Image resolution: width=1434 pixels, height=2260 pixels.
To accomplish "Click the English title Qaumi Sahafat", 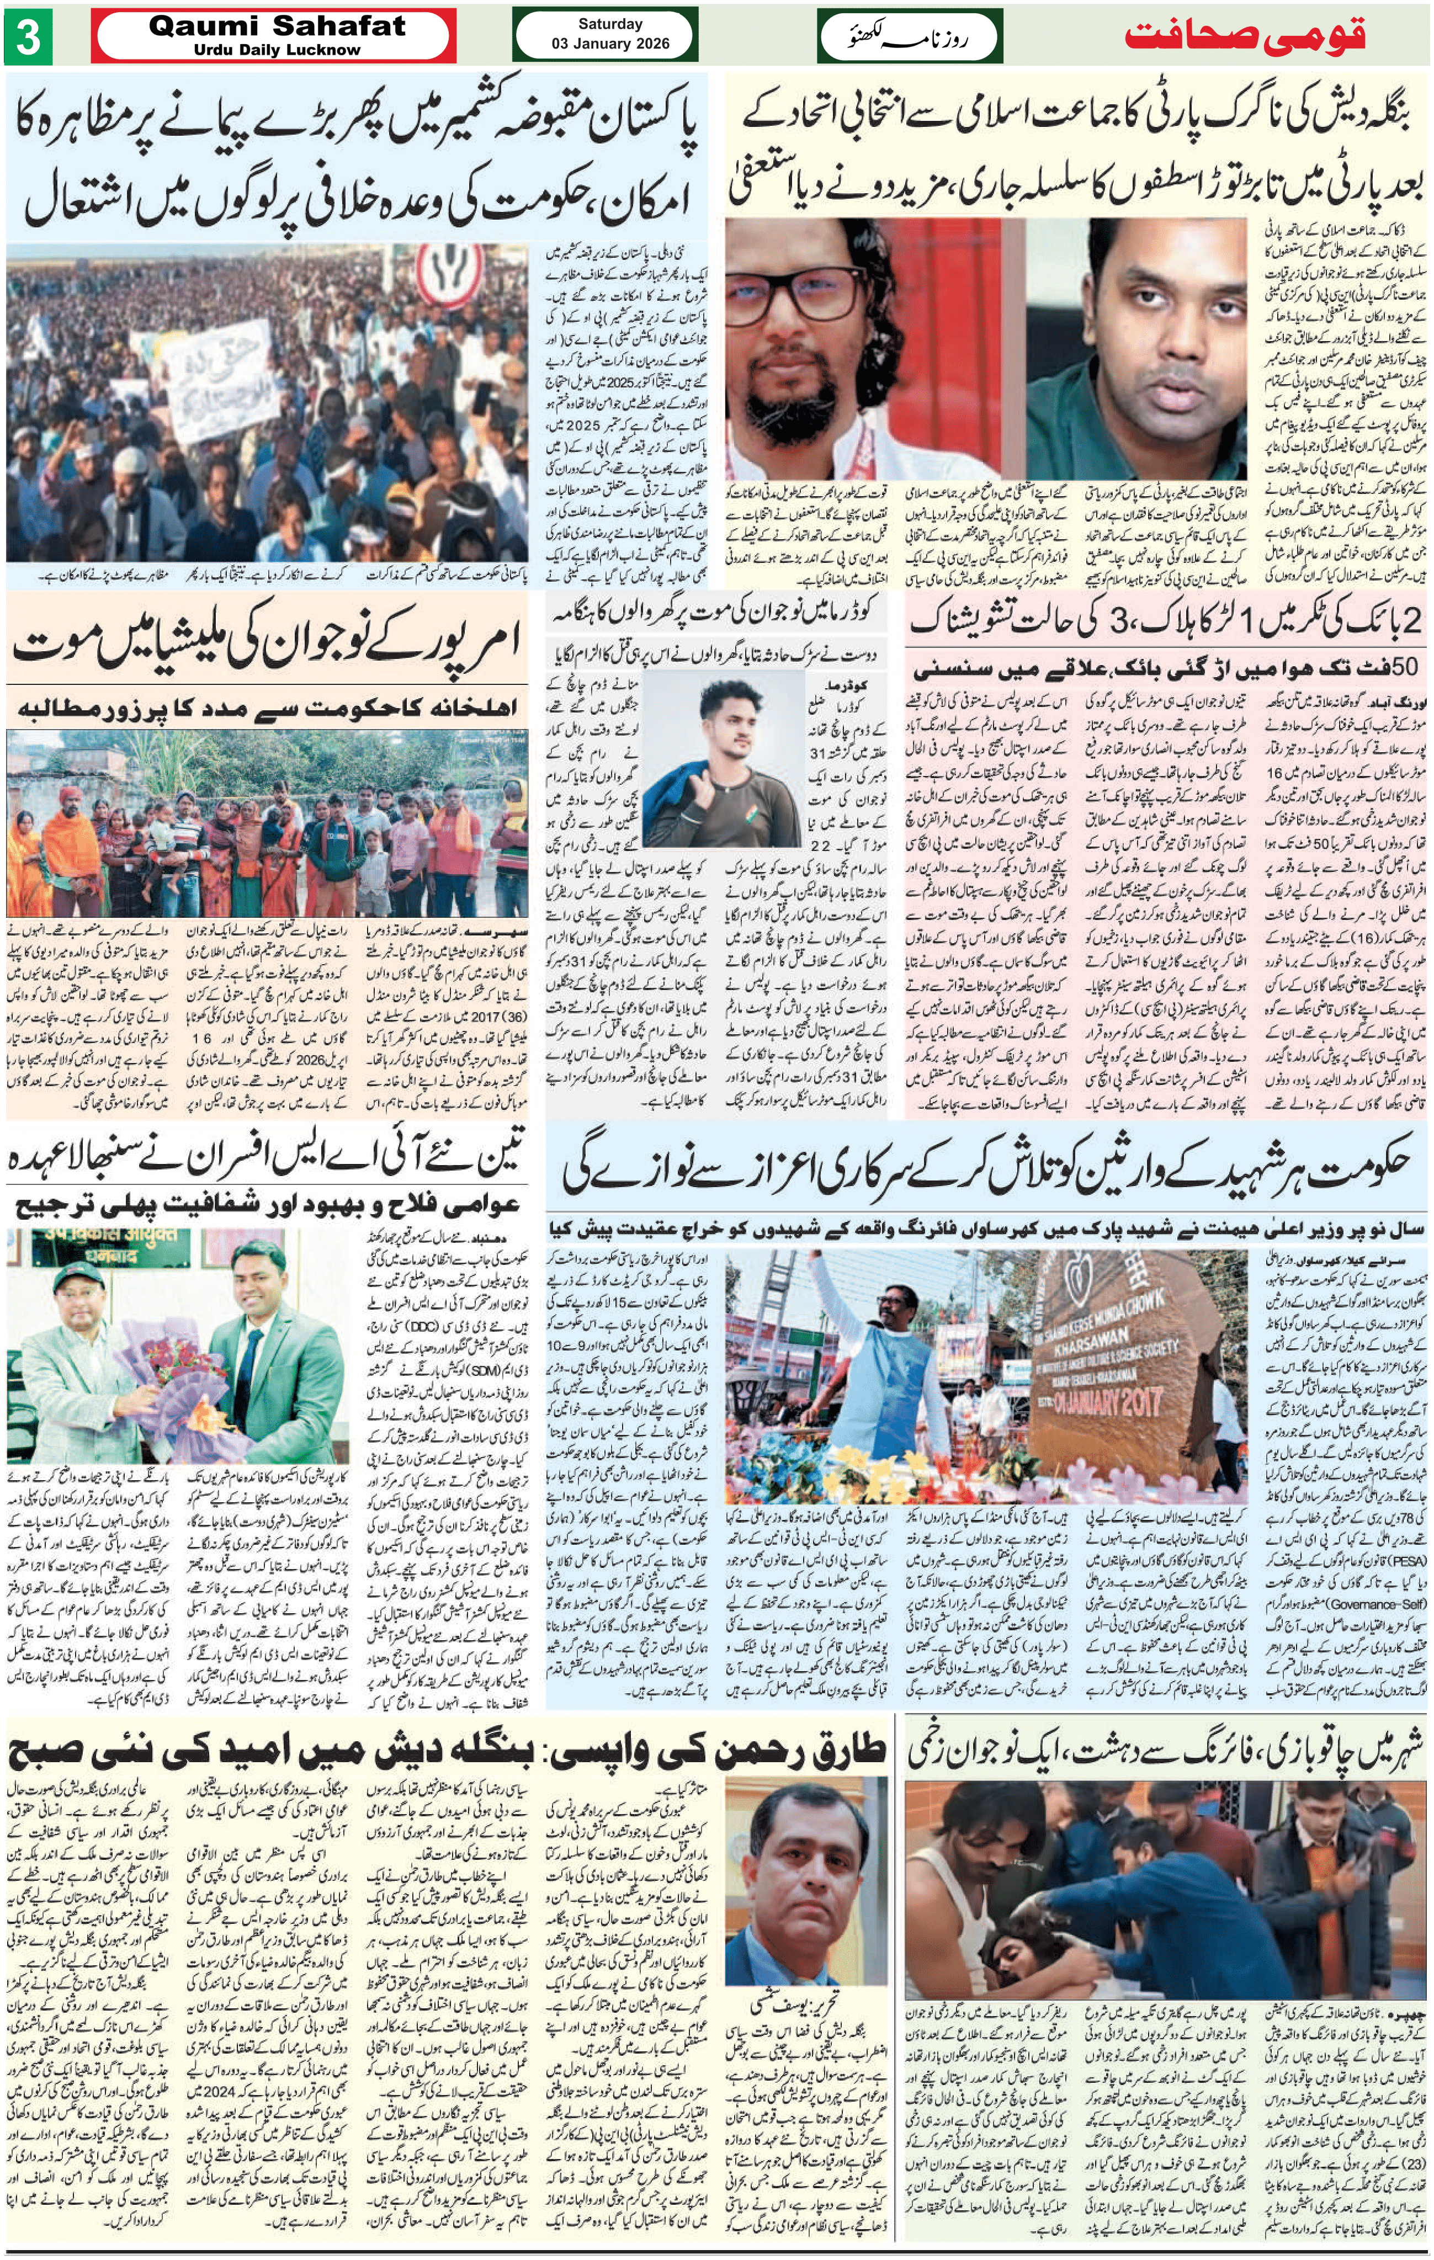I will tap(277, 26).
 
